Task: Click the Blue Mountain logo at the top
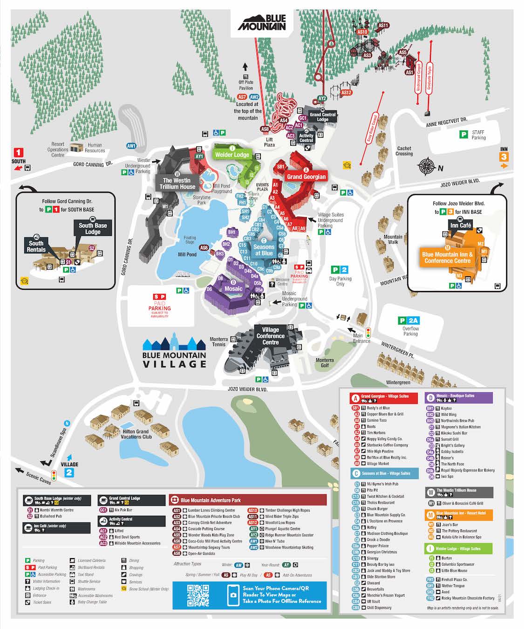[x=261, y=23]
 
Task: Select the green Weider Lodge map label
[x=232, y=155]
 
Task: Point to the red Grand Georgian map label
[x=306, y=177]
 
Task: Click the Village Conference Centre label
[x=270, y=336]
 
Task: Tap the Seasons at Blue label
[x=264, y=250]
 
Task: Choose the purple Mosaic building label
[x=233, y=288]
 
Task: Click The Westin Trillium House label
[x=177, y=183]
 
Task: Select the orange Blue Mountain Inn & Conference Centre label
[x=447, y=258]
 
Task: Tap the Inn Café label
[x=460, y=226]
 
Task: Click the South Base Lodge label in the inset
[x=93, y=228]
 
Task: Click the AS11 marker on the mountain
[x=383, y=26]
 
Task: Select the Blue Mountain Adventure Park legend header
[x=248, y=500]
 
